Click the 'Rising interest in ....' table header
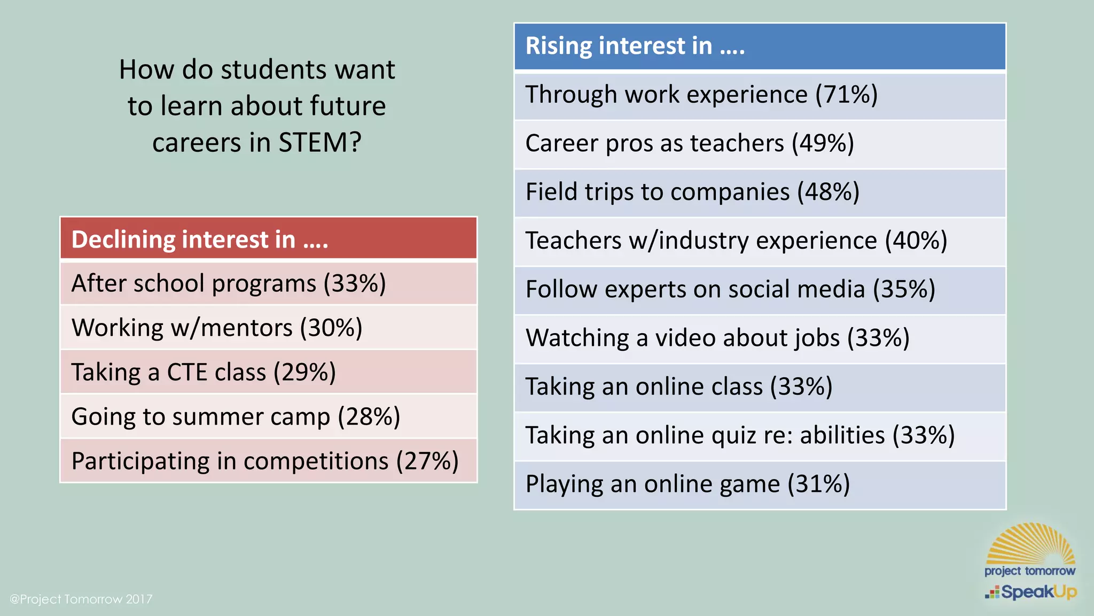coord(635,46)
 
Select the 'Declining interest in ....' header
coord(199,240)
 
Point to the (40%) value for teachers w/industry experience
coord(916,241)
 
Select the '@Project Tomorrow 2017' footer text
coord(81,599)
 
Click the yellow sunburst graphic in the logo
coord(1030,544)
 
